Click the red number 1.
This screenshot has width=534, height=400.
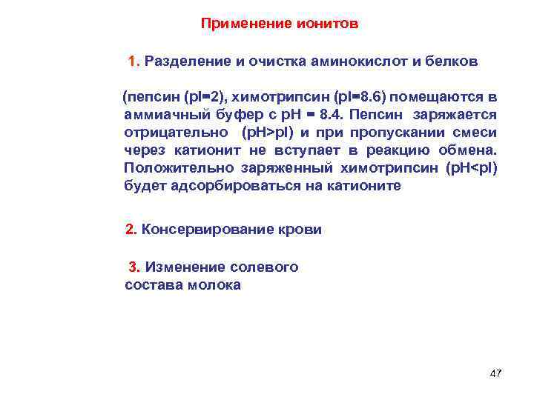(133, 61)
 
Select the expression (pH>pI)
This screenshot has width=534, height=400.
(268, 133)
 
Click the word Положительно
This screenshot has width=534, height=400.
(176, 168)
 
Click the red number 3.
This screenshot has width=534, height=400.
(134, 267)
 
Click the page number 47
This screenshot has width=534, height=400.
(495, 373)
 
